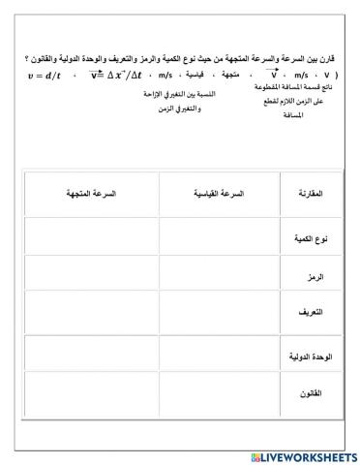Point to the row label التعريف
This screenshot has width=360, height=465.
point(307,315)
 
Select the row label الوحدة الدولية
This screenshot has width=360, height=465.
point(304,356)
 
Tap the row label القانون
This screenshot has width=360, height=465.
point(307,395)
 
